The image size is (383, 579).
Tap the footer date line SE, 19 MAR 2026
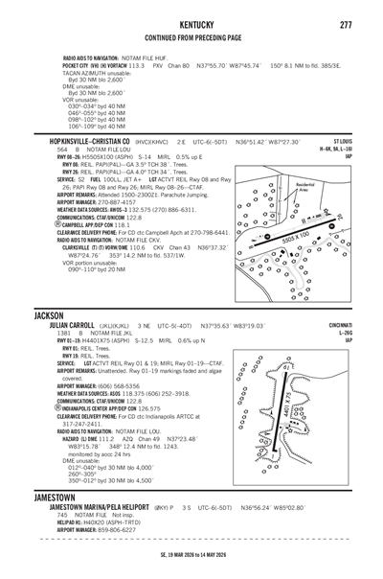point(191,568)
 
